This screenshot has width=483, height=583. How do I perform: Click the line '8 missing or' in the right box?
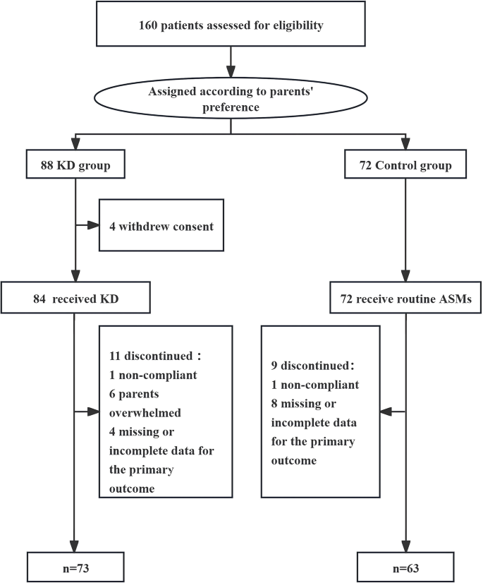[310, 403]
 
